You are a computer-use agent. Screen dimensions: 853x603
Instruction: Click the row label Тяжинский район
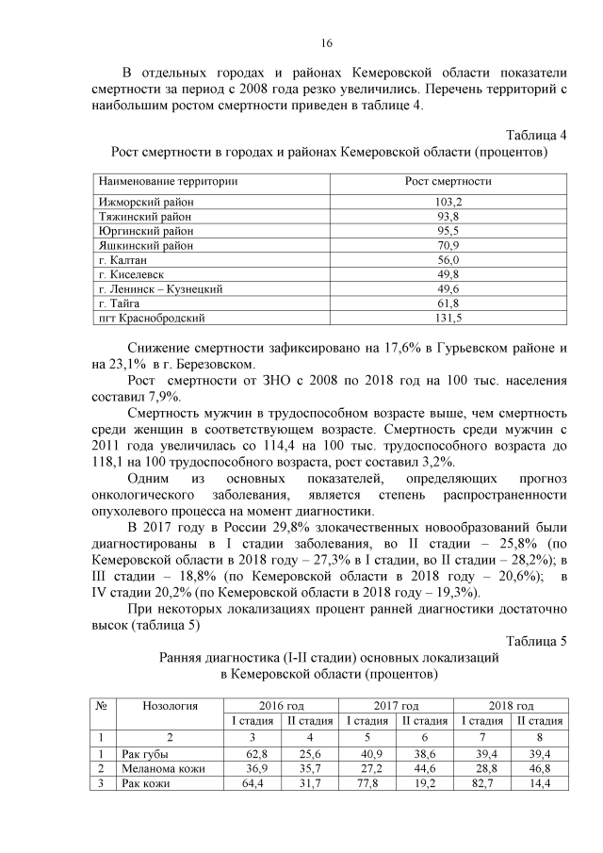(146, 217)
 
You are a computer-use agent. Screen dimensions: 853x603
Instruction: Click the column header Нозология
(170, 706)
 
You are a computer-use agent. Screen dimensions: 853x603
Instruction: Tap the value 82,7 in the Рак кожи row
(481, 783)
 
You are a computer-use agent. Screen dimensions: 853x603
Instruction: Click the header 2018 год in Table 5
(511, 706)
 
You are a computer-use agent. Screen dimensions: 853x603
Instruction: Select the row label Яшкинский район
(146, 246)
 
